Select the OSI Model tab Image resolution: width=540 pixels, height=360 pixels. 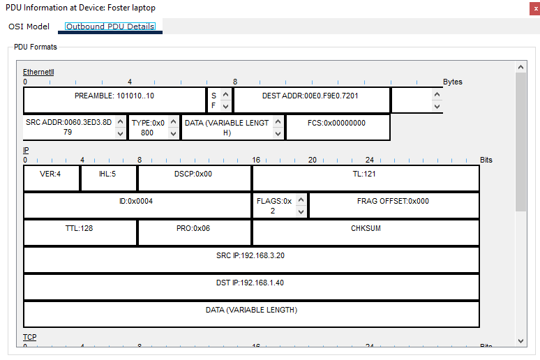point(29,27)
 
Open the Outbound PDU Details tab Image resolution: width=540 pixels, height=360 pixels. point(110,27)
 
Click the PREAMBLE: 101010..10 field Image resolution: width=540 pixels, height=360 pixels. point(114,96)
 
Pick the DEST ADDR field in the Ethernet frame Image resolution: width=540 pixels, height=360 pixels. point(311,96)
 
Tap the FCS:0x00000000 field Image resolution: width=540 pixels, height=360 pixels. point(337,123)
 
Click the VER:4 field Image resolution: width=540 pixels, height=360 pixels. point(50,174)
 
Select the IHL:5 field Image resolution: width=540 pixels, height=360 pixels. point(108,174)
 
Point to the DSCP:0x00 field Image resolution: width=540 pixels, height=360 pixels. point(193,174)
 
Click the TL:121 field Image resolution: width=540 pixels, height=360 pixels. point(364,174)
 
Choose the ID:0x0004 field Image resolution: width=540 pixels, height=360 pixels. point(136,201)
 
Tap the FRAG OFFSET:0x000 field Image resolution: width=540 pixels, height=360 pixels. point(393,201)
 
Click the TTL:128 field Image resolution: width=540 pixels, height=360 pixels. point(80,228)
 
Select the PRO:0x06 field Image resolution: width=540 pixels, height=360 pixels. point(193,228)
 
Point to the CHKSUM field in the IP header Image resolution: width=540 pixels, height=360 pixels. point(366,228)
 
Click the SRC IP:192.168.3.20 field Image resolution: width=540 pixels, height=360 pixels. point(250,255)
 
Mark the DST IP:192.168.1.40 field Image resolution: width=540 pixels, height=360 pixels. point(250,283)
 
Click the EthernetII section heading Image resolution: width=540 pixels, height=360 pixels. point(38,72)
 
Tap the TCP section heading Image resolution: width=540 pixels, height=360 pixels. point(30,337)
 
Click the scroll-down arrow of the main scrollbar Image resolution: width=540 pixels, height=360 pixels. point(520,340)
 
